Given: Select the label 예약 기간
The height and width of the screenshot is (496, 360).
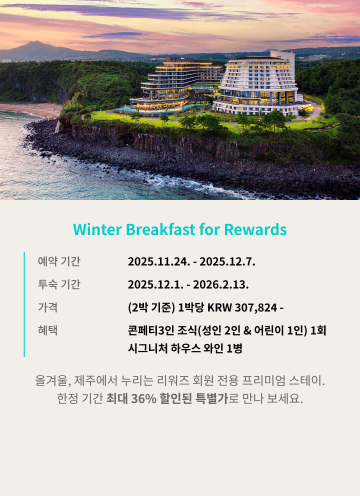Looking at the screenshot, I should pyautogui.click(x=59, y=261).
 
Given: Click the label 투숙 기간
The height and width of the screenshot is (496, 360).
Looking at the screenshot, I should pyautogui.click(x=59, y=285).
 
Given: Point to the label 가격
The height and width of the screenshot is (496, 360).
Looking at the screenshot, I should pyautogui.click(x=47, y=307).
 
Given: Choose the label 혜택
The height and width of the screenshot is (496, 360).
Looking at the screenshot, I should pyautogui.click(x=47, y=330).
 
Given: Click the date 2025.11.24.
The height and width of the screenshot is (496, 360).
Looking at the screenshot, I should pyautogui.click(x=156, y=261).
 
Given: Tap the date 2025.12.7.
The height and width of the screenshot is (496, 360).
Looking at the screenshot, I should pyautogui.click(x=228, y=261).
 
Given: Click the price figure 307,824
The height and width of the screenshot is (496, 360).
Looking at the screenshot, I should pyautogui.click(x=255, y=307).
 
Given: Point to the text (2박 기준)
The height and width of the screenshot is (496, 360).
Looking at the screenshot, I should pyautogui.click(x=151, y=307).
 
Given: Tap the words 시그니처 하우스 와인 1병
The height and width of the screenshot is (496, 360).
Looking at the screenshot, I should pyautogui.click(x=185, y=348).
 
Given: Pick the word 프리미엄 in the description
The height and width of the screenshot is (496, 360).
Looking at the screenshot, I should pyautogui.click(x=263, y=380).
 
